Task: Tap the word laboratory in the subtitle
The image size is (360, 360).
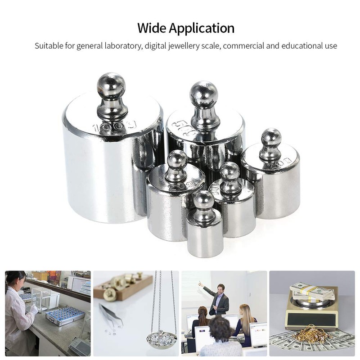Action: (x=121, y=46)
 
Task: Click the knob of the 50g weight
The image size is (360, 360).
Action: (x=203, y=95)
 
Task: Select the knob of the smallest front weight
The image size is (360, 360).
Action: (x=204, y=201)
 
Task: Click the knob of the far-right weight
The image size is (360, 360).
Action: (x=271, y=139)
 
